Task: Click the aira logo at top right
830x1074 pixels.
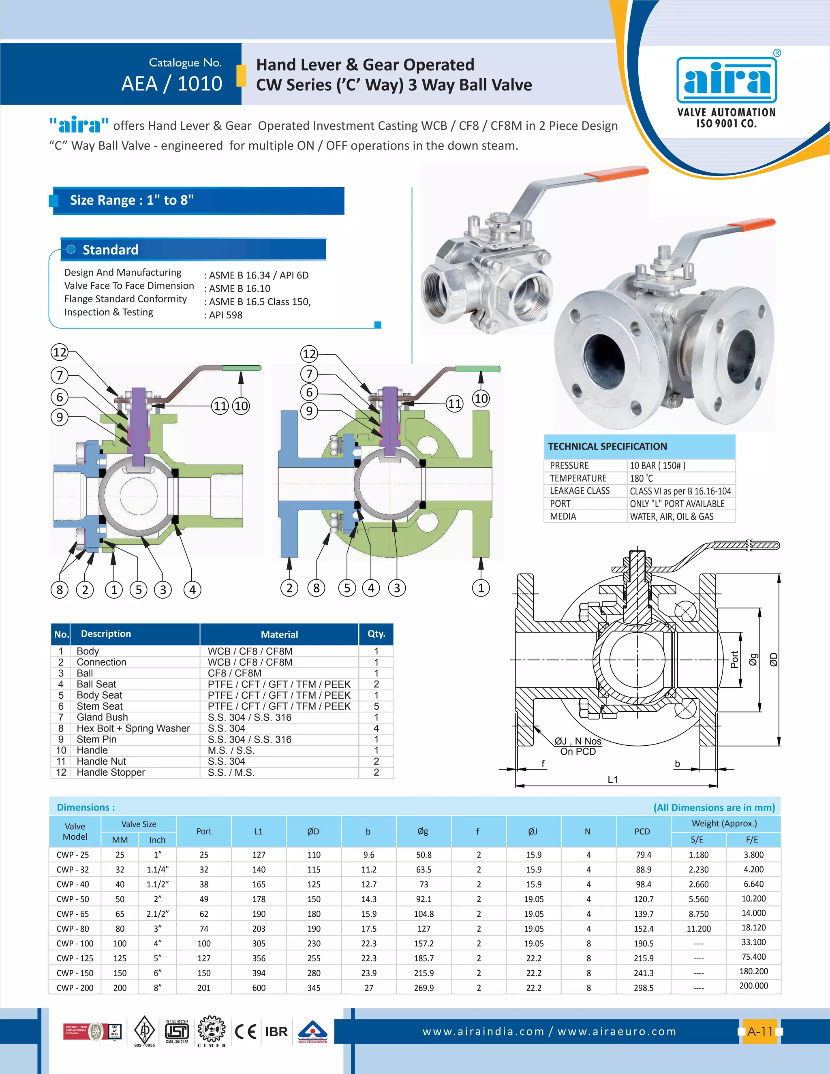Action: (x=726, y=80)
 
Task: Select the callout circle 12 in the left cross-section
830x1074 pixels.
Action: (x=60, y=352)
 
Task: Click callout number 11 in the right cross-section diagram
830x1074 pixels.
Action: (x=454, y=404)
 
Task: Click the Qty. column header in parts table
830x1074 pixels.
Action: (x=376, y=634)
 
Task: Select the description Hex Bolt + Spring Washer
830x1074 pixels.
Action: (x=133, y=728)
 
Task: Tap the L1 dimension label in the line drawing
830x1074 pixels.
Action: (x=613, y=779)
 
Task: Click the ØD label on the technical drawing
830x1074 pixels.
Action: (x=773, y=659)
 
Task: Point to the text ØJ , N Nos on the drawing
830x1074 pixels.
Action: (x=578, y=741)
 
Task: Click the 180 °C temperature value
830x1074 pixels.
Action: (x=641, y=478)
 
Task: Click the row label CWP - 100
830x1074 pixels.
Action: (x=75, y=943)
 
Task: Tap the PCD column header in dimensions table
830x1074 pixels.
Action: (x=642, y=832)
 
